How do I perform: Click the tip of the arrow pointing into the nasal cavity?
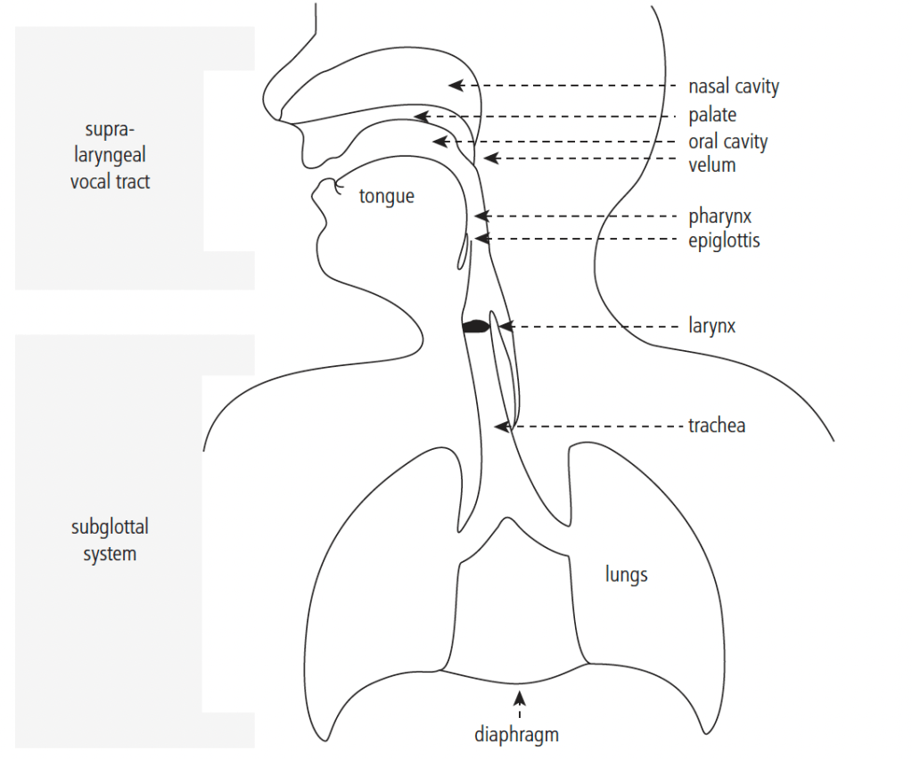[448, 86]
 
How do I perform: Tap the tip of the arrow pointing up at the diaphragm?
[520, 690]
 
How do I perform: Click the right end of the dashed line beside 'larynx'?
[679, 327]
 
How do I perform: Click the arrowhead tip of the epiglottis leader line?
[474, 238]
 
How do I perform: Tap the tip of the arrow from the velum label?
[484, 158]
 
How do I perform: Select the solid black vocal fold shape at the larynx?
[476, 327]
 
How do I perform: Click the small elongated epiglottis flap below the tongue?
[462, 251]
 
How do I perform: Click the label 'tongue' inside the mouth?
[387, 197]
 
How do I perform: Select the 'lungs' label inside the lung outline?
[627, 575]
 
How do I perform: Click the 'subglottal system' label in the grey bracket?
[110, 540]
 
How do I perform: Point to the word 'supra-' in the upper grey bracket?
[110, 129]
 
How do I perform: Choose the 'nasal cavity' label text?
[734, 86]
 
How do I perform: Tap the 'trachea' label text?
[717, 426]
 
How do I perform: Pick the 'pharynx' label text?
[720, 216]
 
